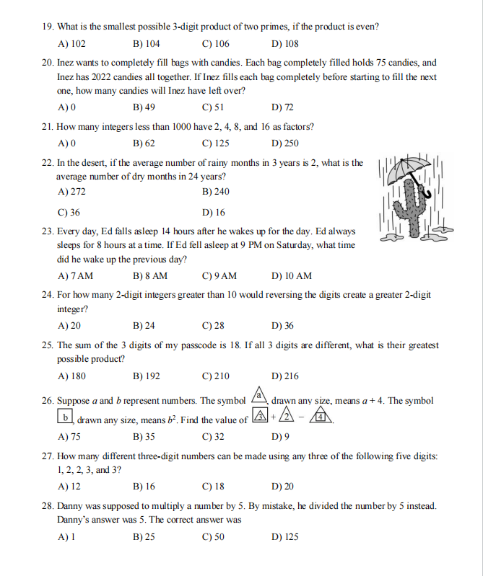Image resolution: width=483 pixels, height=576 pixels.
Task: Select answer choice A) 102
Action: (x=71, y=43)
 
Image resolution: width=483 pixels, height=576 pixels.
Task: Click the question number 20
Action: (x=47, y=63)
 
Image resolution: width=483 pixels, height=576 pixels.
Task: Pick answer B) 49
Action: (x=144, y=107)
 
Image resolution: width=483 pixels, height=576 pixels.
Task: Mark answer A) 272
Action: (x=71, y=192)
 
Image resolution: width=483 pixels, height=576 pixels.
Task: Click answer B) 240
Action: (x=216, y=192)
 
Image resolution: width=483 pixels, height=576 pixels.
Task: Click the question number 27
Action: (x=47, y=457)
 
